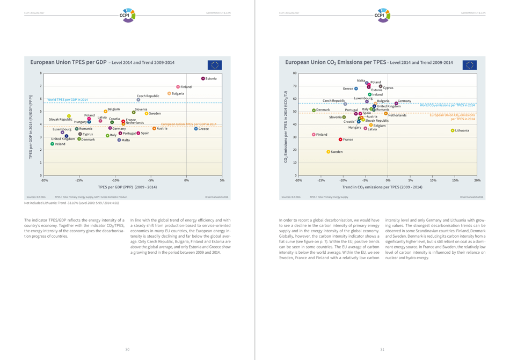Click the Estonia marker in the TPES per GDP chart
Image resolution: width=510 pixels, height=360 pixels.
coord(203,78)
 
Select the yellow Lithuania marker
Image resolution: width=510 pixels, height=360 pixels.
coord(453,130)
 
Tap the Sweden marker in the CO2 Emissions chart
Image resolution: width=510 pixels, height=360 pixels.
coord(328,152)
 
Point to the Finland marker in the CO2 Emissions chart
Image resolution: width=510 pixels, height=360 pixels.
coord(314,135)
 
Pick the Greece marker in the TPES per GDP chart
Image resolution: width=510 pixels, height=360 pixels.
coord(196,129)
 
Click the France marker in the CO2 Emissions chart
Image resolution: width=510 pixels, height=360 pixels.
coord(340,139)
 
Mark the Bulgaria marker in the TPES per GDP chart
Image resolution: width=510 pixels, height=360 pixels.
coord(169,93)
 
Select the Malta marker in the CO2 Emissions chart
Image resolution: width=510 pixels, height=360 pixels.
coord(367,83)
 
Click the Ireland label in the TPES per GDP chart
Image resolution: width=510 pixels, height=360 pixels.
coord(60,144)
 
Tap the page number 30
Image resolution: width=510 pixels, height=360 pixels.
coord(127,349)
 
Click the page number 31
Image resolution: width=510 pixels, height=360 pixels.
coord(382,349)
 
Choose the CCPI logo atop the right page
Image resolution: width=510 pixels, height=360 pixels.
coord(382,13)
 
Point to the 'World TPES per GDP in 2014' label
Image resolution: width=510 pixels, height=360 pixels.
coord(67,100)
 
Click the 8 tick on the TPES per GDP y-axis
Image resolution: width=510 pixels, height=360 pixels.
coord(40,73)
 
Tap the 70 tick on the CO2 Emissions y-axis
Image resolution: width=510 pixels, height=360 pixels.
coord(294,86)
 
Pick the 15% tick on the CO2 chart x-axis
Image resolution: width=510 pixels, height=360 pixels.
coord(455,180)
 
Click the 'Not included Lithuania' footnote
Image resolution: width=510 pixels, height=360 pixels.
coord(71,203)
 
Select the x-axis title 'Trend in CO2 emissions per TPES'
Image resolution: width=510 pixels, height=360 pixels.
coord(382,187)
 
